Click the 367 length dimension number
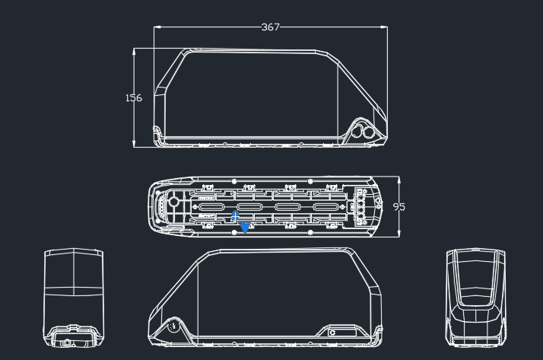click(x=270, y=27)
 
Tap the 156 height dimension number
click(x=134, y=98)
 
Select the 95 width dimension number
click(x=399, y=207)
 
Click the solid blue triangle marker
click(x=245, y=228)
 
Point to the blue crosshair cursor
click(x=235, y=217)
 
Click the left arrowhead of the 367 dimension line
click(x=157, y=27)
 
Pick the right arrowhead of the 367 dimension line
click(x=384, y=27)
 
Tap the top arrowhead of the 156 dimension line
click(x=134, y=52)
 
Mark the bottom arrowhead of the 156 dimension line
click(x=134, y=143)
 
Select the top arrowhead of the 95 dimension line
click(x=399, y=180)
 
